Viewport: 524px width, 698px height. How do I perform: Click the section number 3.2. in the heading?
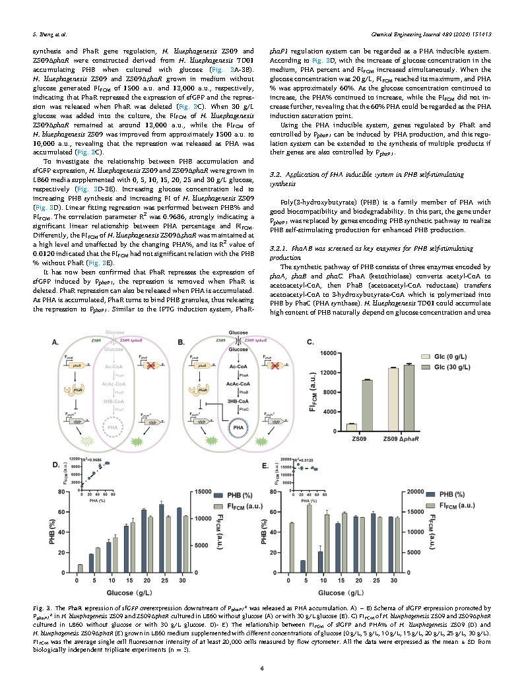(278, 174)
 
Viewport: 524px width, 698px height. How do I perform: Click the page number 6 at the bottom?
(262, 669)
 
